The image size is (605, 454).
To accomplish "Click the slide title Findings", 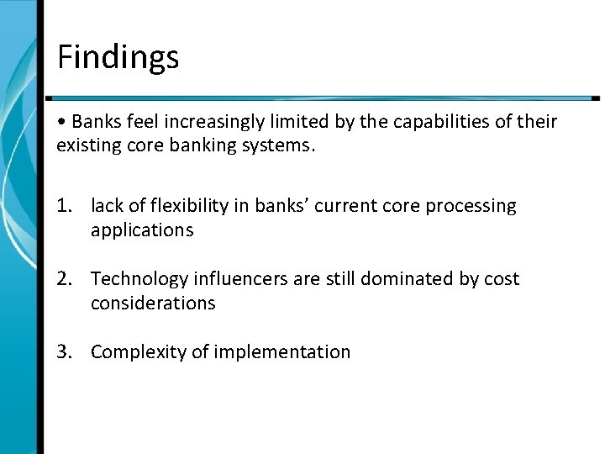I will point(118,57).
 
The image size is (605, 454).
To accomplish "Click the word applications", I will point(142,230).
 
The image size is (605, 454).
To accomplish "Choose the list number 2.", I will point(65,279).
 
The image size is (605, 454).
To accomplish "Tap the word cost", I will point(501,279).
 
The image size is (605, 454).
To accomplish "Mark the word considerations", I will point(153,302).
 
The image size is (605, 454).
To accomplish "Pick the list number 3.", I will point(65,351).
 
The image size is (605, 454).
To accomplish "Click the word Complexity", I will point(138,351).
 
